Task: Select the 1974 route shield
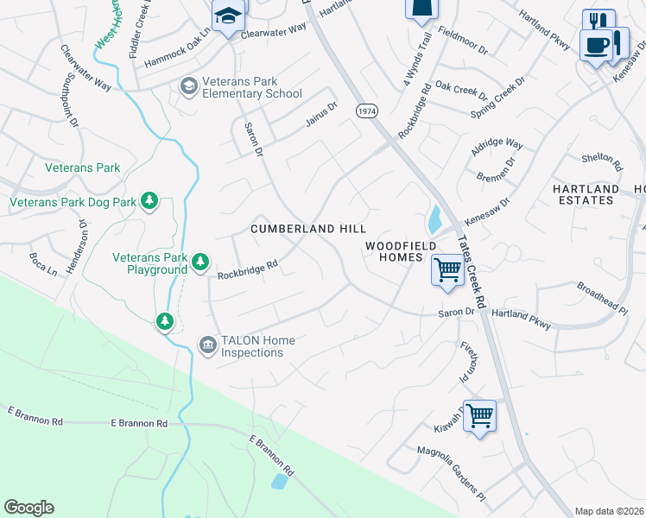click(x=367, y=111)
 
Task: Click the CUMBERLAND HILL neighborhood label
click(x=308, y=229)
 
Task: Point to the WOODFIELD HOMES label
click(x=395, y=251)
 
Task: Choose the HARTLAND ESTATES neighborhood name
click(x=586, y=194)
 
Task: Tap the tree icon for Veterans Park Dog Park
click(x=150, y=201)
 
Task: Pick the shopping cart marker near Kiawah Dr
click(x=479, y=414)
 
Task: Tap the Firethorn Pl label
click(x=466, y=363)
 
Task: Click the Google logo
click(x=28, y=508)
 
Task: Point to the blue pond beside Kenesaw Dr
click(x=434, y=220)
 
